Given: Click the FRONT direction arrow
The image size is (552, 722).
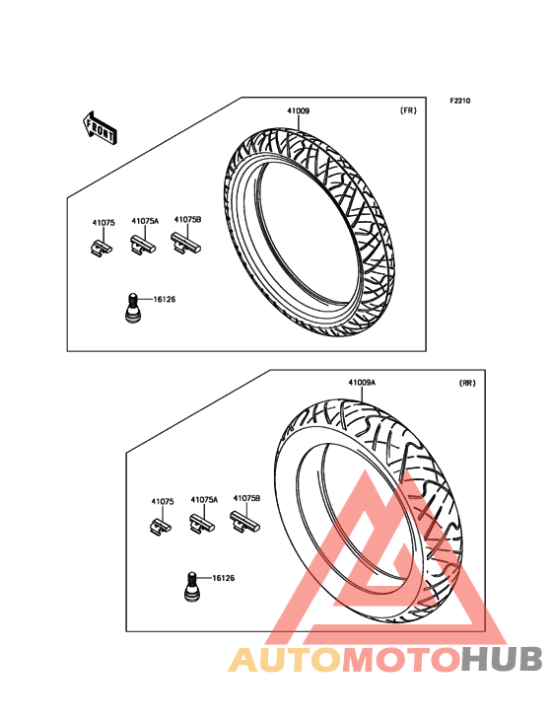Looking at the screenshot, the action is pyautogui.click(x=100, y=127).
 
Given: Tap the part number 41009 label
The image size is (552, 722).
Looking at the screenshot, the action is pyautogui.click(x=298, y=111).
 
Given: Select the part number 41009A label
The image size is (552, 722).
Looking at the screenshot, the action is pyautogui.click(x=362, y=383).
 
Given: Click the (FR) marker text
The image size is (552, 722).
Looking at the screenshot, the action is pyautogui.click(x=408, y=110).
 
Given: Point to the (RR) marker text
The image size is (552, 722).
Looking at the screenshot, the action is pyautogui.click(x=467, y=383).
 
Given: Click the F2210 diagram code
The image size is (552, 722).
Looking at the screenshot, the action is pyautogui.click(x=460, y=101).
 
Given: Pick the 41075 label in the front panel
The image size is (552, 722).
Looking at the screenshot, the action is pyautogui.click(x=103, y=223).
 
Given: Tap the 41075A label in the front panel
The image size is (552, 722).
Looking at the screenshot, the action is pyautogui.click(x=145, y=221).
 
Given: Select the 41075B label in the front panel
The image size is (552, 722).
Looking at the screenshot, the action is pyautogui.click(x=187, y=220).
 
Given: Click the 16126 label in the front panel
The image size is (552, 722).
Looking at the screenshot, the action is pyautogui.click(x=165, y=299).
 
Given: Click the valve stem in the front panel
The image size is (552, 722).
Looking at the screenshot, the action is pyautogui.click(x=133, y=308).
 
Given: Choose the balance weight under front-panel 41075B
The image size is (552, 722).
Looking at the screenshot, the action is pyautogui.click(x=186, y=243).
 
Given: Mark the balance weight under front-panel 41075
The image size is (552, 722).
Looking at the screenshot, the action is pyautogui.click(x=101, y=248).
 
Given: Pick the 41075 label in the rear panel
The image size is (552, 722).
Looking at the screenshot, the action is pyautogui.click(x=163, y=501).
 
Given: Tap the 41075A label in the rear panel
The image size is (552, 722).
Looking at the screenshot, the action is pyautogui.click(x=204, y=500).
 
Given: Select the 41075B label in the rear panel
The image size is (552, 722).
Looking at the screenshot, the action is pyautogui.click(x=247, y=498).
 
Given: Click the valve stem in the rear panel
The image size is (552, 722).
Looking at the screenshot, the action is pyautogui.click(x=192, y=587).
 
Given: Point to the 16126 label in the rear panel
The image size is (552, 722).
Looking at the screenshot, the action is pyautogui.click(x=223, y=578).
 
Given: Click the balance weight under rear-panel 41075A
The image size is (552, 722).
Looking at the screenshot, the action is pyautogui.click(x=202, y=524).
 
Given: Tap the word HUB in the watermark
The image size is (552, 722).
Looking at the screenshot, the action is pyautogui.click(x=503, y=659).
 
